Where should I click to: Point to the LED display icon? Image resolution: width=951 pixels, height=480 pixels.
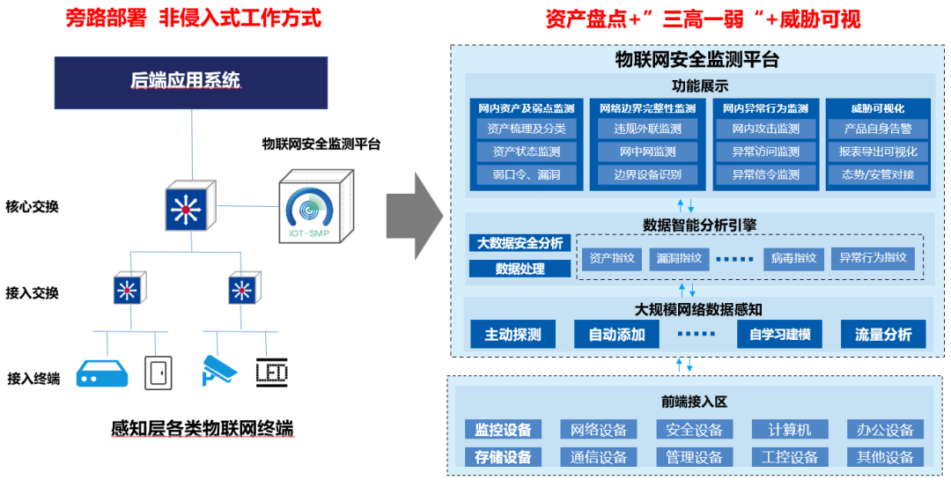[x=271, y=373]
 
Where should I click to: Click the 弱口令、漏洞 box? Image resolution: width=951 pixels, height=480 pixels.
[x=527, y=174]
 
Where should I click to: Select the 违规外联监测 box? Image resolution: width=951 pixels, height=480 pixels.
[x=647, y=129]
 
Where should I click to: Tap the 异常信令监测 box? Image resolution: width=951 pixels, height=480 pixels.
[x=765, y=174]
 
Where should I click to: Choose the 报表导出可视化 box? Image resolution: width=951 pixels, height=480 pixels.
[x=877, y=152]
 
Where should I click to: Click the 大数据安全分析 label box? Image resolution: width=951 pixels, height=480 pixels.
[x=520, y=243]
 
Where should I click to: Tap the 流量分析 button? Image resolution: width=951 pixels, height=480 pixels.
[x=882, y=335]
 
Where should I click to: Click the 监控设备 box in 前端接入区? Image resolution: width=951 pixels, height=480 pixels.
[x=503, y=430]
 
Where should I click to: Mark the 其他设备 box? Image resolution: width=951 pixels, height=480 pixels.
[x=886, y=457]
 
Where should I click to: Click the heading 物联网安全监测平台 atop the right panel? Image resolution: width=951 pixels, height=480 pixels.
[x=697, y=60]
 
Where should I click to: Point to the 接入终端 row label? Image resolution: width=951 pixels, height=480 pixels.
[x=33, y=378]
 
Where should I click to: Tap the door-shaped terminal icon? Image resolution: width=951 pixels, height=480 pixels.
[x=158, y=373]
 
